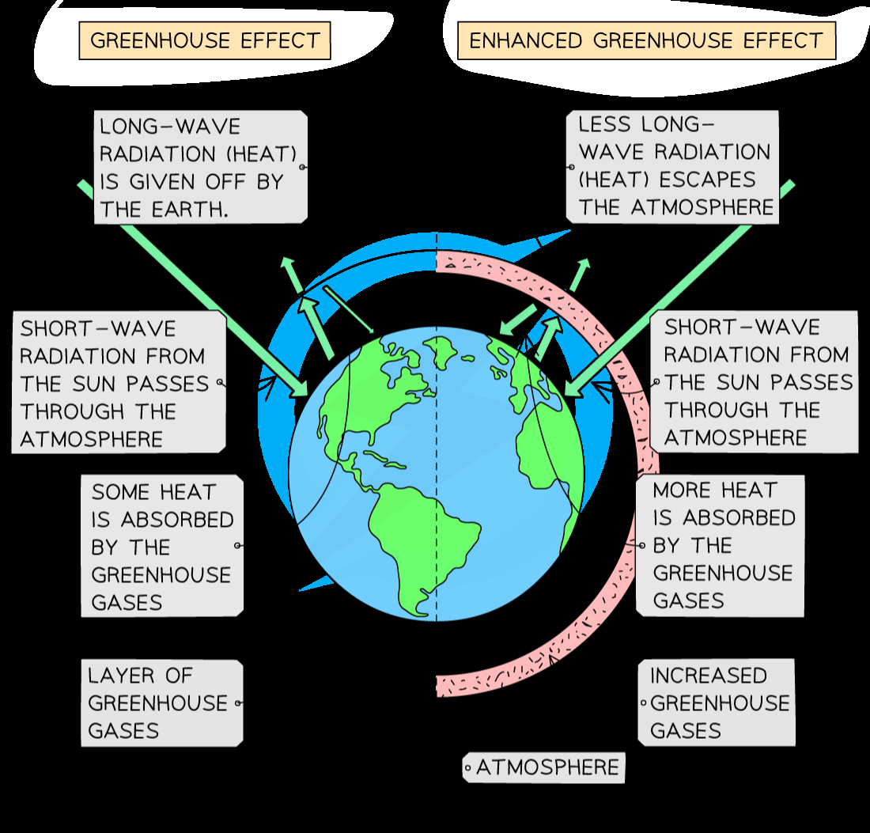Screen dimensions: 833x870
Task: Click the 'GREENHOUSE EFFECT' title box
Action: click(204, 40)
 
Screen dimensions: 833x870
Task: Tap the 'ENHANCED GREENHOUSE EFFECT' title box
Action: click(645, 40)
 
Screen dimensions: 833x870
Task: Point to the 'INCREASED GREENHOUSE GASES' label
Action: click(717, 702)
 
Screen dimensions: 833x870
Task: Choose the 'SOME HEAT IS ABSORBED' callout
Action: click(162, 547)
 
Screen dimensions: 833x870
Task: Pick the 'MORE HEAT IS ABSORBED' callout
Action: click(720, 545)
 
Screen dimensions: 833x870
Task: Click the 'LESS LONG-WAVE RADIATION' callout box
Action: click(672, 166)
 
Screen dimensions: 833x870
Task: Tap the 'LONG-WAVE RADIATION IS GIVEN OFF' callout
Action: click(200, 167)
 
